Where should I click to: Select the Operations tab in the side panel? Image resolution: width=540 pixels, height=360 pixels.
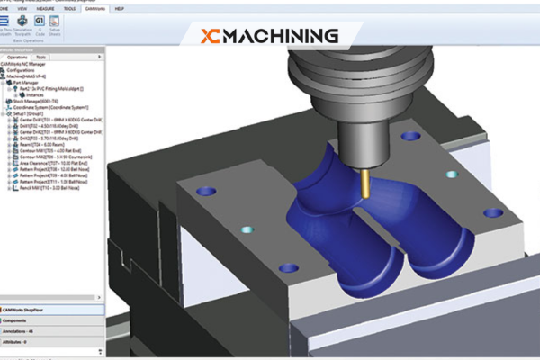pos(18,57)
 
